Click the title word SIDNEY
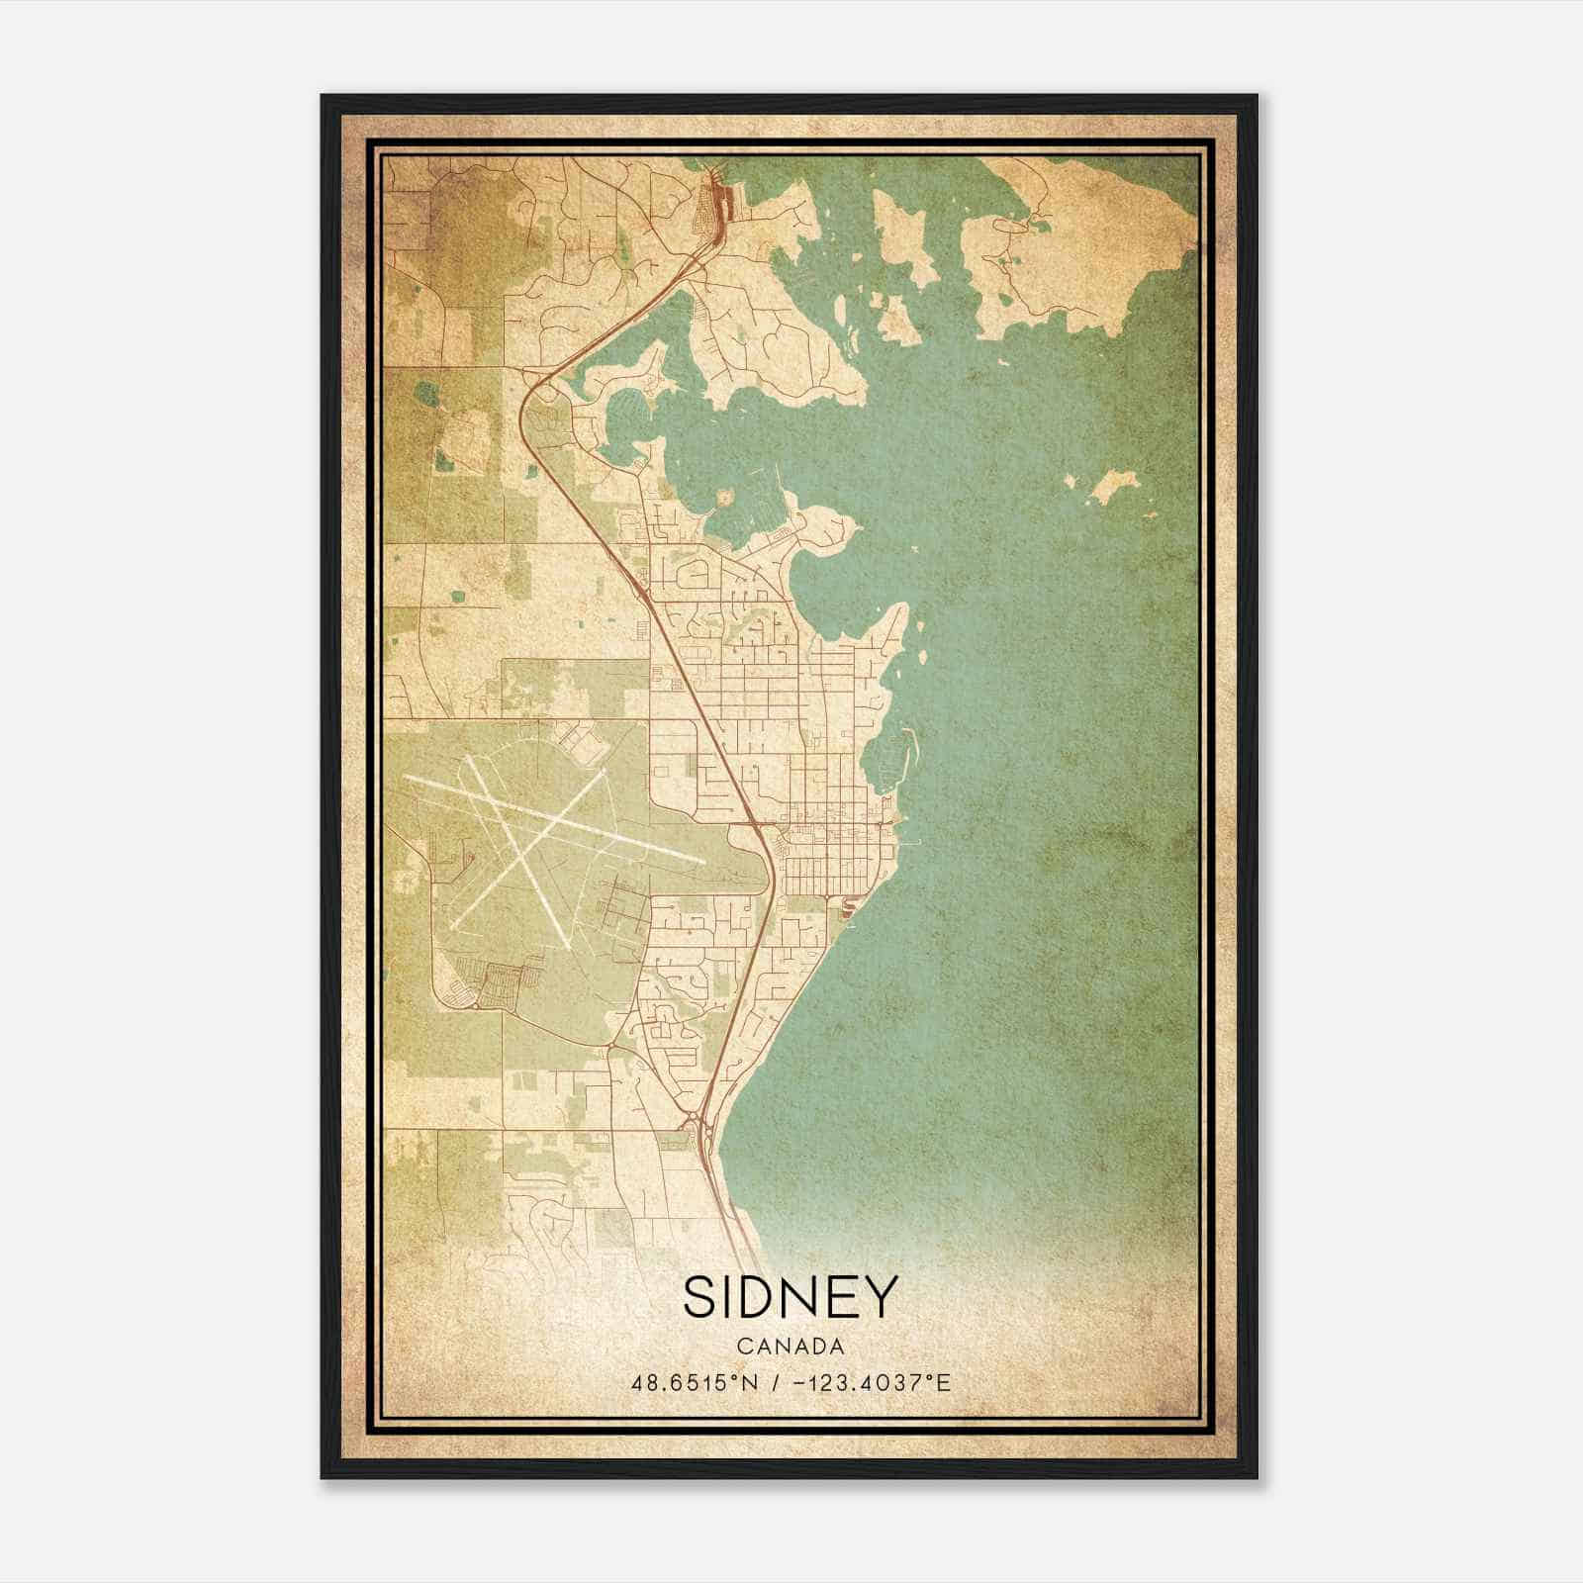point(791,1296)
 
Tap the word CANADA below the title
point(791,1347)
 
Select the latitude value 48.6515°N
point(694,1382)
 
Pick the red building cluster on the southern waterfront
point(846,905)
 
